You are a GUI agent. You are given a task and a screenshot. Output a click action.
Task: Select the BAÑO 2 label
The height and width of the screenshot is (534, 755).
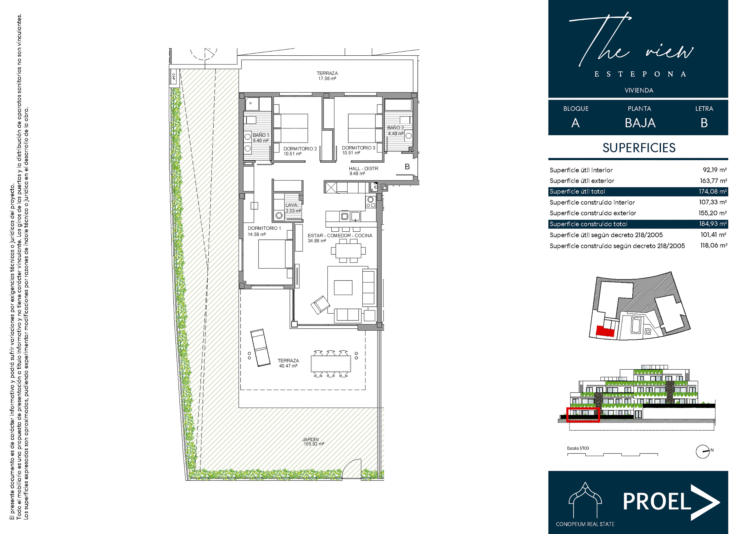tap(395, 128)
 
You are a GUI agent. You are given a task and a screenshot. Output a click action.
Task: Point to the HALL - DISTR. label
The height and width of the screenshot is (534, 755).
tap(364, 168)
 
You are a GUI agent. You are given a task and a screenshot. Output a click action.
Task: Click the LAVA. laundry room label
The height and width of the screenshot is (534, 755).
tap(292, 205)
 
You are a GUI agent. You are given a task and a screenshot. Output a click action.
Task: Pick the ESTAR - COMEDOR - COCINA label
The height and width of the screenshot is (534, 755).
tap(340, 236)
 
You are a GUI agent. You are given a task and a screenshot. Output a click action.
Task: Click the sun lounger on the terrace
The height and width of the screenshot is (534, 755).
tap(260, 347)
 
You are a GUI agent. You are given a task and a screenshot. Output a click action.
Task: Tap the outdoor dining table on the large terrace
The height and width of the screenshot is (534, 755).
tap(331, 364)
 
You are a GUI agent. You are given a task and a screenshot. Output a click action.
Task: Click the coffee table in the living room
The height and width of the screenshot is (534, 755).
tap(343, 288)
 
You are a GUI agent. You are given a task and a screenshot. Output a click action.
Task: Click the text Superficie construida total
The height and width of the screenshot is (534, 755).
tap(588, 224)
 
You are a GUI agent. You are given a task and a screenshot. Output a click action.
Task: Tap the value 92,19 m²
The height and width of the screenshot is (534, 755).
tap(714, 170)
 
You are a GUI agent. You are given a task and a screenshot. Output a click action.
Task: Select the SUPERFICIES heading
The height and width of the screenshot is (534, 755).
tap(639, 148)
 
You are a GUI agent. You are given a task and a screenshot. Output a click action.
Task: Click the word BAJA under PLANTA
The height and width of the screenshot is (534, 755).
tap(640, 123)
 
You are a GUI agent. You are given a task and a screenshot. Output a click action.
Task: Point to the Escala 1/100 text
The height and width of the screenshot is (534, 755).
tap(578, 448)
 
